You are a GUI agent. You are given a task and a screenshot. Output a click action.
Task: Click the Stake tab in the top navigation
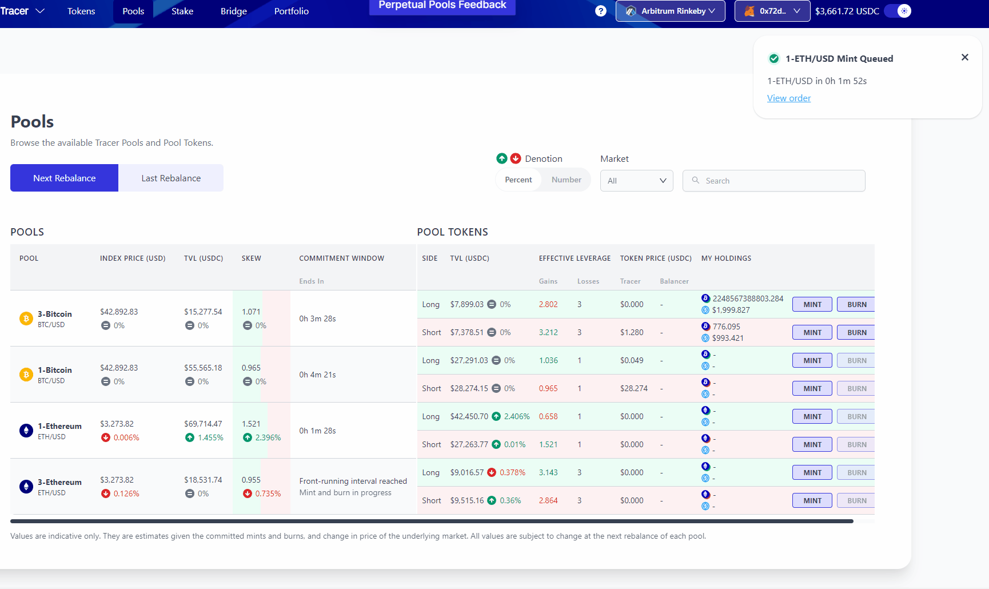[x=182, y=11]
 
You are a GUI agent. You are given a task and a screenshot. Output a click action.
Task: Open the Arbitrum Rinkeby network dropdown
[x=670, y=11]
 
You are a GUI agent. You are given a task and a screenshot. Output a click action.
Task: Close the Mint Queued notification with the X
[x=965, y=57]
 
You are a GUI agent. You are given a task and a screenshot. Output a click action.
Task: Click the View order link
[x=788, y=98]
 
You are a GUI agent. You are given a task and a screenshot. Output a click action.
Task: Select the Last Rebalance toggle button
[x=171, y=178]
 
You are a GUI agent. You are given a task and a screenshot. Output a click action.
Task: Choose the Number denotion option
[x=566, y=180]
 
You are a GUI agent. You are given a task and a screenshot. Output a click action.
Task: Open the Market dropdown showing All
[x=636, y=181]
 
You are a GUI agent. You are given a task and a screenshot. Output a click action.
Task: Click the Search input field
[x=780, y=181]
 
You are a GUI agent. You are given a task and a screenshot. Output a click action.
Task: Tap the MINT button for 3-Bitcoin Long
[x=812, y=304]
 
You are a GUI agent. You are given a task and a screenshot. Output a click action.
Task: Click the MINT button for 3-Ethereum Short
[x=812, y=500]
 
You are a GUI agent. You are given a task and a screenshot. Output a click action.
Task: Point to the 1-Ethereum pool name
[x=59, y=426]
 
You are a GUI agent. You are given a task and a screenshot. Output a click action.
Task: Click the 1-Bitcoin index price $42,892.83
[x=119, y=368]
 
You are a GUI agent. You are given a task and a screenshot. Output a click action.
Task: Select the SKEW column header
[x=251, y=258]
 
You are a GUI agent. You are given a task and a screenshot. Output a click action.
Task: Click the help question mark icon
[x=600, y=11]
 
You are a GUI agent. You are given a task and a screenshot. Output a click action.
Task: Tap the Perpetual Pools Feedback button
[x=442, y=6]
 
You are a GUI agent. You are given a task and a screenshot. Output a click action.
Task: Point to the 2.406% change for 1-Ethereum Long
[x=517, y=416]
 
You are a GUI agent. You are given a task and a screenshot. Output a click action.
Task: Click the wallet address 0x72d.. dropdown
[x=772, y=11]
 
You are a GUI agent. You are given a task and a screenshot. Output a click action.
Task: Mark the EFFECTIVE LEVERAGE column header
[x=575, y=258]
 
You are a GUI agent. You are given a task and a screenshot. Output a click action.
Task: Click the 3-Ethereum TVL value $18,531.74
[x=203, y=480]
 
